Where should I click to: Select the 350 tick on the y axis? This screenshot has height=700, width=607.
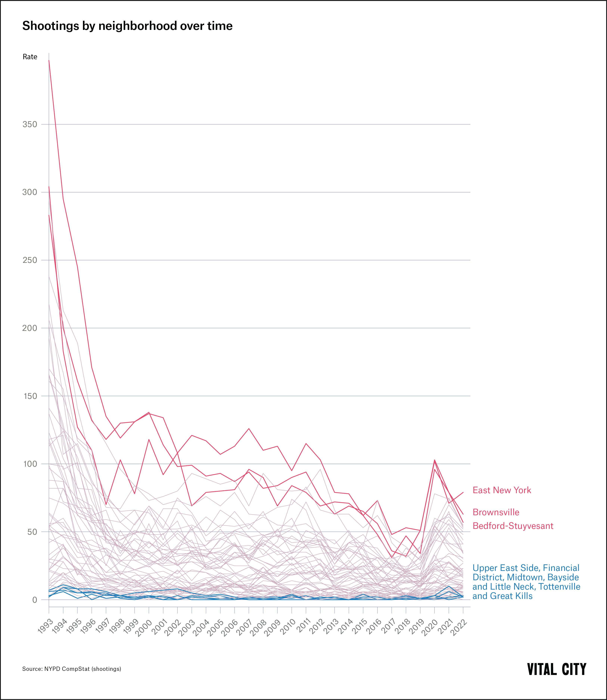(x=30, y=124)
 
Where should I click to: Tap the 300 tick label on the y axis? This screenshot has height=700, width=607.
(x=30, y=192)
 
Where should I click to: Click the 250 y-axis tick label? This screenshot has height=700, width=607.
(x=30, y=260)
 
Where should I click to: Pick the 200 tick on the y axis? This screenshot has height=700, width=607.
(x=30, y=328)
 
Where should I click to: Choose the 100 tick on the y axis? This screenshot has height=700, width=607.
(x=30, y=464)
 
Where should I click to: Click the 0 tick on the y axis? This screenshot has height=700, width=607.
(x=35, y=600)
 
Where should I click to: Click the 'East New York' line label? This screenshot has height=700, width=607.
(x=502, y=490)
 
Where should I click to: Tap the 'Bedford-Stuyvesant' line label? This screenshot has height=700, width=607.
(x=513, y=526)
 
